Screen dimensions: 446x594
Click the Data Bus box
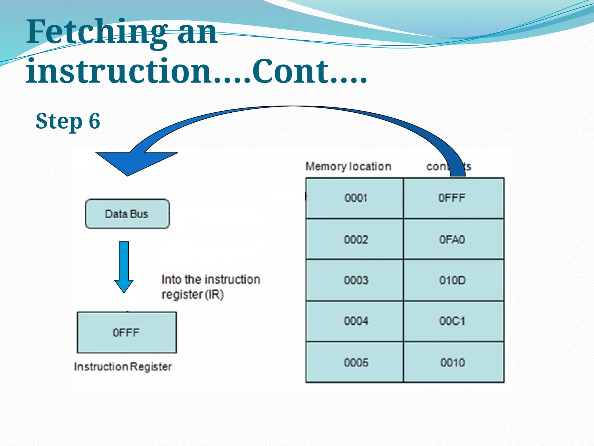tap(127, 214)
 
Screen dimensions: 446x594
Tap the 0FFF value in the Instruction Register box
tap(126, 332)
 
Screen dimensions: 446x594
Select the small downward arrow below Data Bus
tap(124, 267)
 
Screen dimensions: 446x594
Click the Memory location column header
tap(348, 167)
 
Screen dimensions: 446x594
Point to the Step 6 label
tap(68, 121)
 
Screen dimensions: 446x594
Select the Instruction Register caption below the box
tap(123, 367)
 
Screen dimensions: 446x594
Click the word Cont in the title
tap(290, 71)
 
